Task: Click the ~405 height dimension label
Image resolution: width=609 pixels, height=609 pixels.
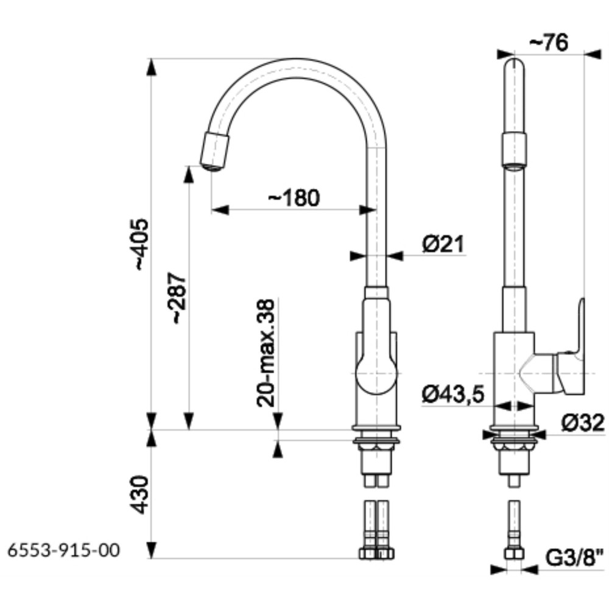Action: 141,245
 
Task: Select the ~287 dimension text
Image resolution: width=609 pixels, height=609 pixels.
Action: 179,298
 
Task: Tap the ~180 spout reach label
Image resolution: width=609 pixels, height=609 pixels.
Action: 294,198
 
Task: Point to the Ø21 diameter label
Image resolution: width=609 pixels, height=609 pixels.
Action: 443,244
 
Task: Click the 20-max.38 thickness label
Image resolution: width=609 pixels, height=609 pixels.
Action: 266,353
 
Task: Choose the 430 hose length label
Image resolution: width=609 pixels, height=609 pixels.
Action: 140,495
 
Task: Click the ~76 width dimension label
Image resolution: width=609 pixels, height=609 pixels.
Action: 549,42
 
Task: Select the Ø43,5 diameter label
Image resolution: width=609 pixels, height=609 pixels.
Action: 453,395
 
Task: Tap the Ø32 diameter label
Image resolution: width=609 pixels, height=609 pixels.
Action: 583,423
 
